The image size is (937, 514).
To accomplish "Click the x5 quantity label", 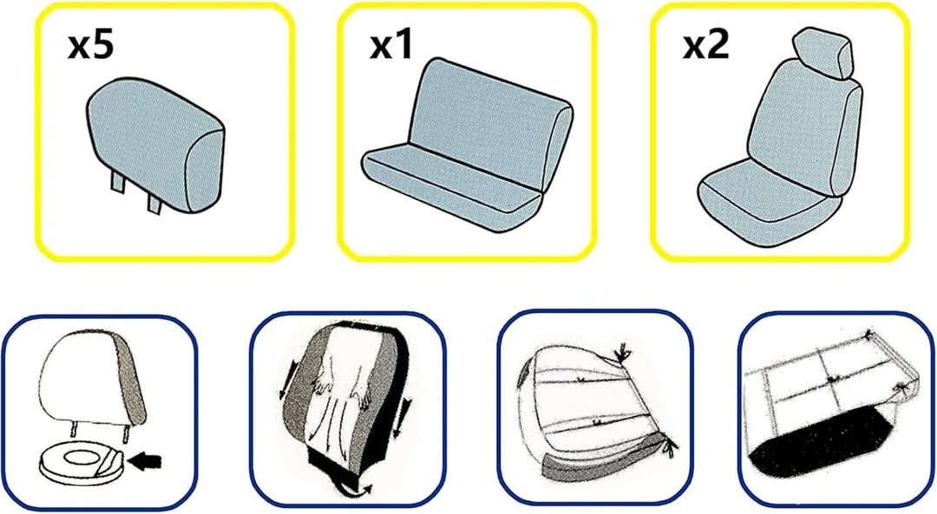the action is [90, 46].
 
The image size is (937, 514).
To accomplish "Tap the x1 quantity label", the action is [391, 46].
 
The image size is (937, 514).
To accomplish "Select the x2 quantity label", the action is [706, 46].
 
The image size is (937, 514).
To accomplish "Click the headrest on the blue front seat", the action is [823, 53].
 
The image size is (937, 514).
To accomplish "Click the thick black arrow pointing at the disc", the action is [145, 460].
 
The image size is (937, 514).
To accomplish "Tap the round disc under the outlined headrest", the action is [82, 465].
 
